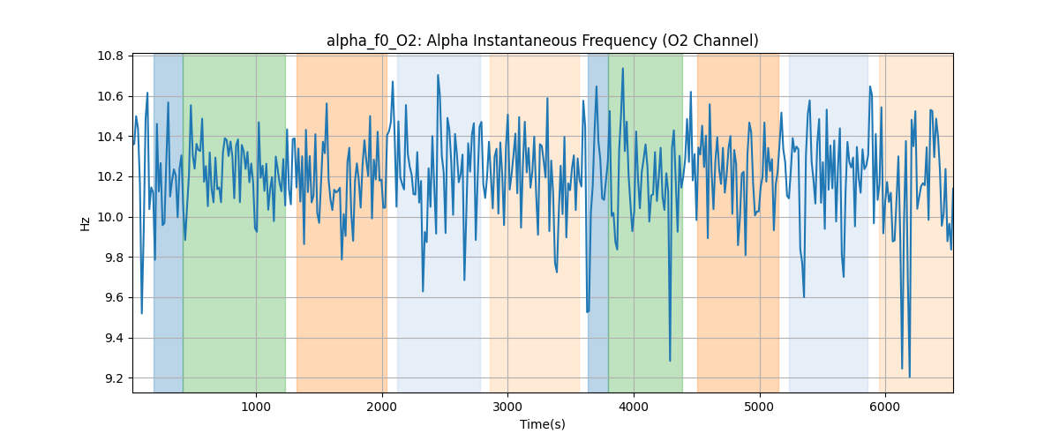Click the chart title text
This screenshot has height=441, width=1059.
point(542,41)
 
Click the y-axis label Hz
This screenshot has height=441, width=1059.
point(86,224)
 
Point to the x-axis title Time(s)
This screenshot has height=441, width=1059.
point(542,424)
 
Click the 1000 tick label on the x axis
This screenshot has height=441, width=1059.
point(256,407)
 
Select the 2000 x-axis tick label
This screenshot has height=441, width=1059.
point(382,407)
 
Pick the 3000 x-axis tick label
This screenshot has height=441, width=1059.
point(507,407)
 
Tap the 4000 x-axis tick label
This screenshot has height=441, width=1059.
point(634,407)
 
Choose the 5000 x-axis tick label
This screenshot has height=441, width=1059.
point(760,407)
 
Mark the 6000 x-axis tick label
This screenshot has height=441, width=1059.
point(885,407)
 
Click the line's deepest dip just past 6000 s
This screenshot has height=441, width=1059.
point(909,377)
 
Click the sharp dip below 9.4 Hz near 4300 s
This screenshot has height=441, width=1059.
point(670,361)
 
